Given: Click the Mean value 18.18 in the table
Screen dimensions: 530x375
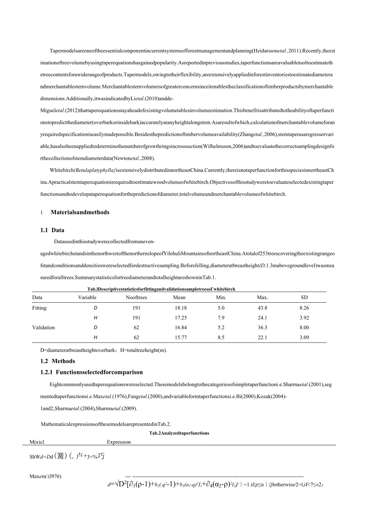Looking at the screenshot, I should coord(180,308).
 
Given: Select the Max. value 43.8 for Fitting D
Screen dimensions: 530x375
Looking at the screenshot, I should coord(262,308).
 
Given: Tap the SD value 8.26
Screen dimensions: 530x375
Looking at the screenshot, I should coord(304,308).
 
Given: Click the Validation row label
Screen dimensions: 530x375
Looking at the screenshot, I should coord(44,328).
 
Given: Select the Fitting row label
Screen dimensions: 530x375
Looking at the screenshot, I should coord(40,308).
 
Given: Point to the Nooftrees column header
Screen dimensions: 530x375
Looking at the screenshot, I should coord(136,297).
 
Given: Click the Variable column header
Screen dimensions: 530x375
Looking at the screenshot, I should coord(87,297).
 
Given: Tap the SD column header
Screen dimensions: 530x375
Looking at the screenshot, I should coord(304,297).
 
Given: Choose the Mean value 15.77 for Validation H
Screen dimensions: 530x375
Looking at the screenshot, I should coord(180,337).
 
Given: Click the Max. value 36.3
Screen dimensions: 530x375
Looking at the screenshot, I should coord(262,328).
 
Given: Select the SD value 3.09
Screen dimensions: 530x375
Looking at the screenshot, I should coord(304,337).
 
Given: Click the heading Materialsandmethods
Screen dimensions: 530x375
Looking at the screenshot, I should coord(80,212).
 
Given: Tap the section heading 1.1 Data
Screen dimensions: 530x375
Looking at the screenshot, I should coord(52,230).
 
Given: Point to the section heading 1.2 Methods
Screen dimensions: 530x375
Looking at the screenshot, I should coord(58,361).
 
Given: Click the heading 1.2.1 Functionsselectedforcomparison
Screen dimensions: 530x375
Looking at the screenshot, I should coord(92,372).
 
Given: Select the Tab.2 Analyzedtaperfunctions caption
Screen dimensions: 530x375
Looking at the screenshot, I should coord(179,433).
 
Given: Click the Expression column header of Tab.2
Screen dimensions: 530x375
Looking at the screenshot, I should coord(119,442).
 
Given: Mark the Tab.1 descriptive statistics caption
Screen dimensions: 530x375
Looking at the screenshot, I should coord(159,289).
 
